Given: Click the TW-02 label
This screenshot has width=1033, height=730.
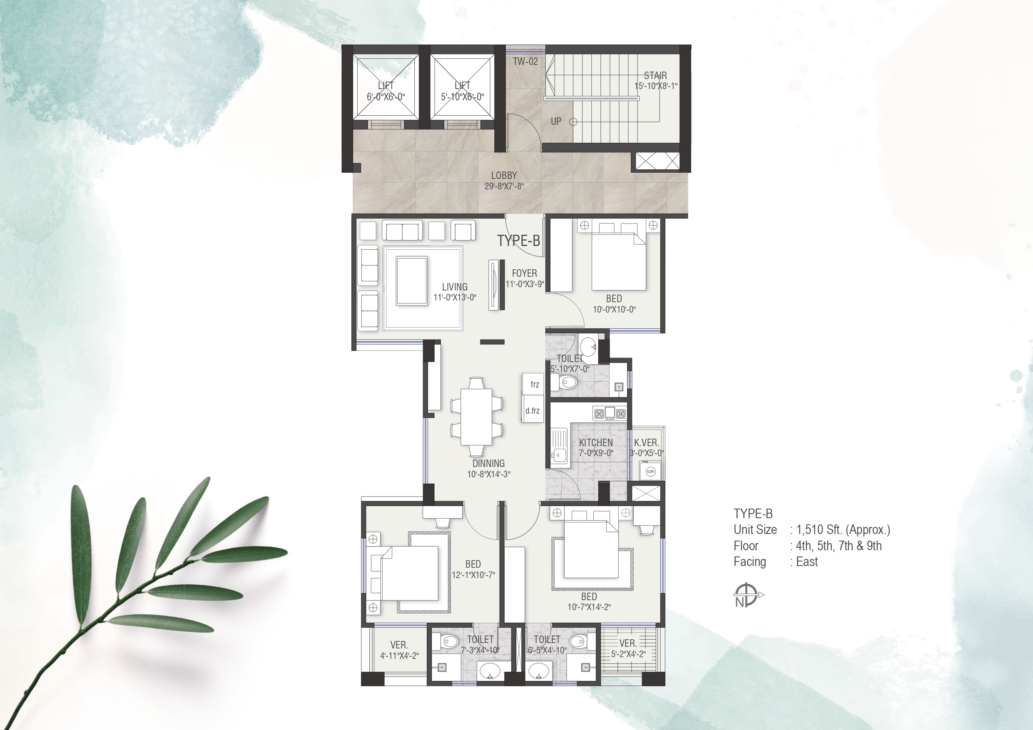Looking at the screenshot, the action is (525, 62).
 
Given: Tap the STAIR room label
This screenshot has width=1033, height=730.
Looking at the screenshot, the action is (655, 76).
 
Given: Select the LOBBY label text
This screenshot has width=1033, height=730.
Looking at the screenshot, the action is (504, 175).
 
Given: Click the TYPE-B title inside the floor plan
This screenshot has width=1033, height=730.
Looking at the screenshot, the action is (518, 241).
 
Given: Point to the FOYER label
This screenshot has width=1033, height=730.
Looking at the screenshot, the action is (524, 273).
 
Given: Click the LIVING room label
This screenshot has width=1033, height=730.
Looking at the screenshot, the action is (454, 286).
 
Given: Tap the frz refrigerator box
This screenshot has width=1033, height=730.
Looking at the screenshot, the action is (533, 384).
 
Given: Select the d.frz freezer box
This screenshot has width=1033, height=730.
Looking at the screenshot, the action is (532, 410).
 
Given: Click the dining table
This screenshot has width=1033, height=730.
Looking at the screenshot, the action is (476, 417).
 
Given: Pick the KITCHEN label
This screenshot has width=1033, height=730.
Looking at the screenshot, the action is (596, 442).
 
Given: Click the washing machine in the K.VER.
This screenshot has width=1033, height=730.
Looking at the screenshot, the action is (650, 472).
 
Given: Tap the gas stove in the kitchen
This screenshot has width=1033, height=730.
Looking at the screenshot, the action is (609, 413).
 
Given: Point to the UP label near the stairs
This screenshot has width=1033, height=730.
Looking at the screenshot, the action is (556, 122).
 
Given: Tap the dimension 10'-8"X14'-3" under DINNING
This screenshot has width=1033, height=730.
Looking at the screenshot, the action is (489, 474).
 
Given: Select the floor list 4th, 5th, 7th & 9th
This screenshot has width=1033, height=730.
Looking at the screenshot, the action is (839, 546).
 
